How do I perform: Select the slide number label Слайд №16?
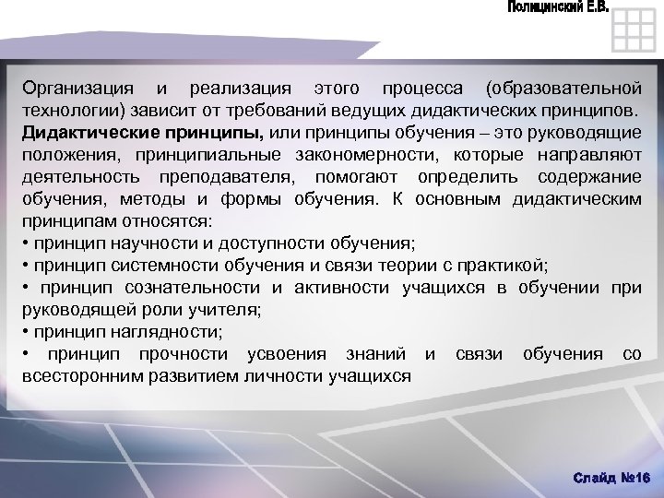pos(611,476)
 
